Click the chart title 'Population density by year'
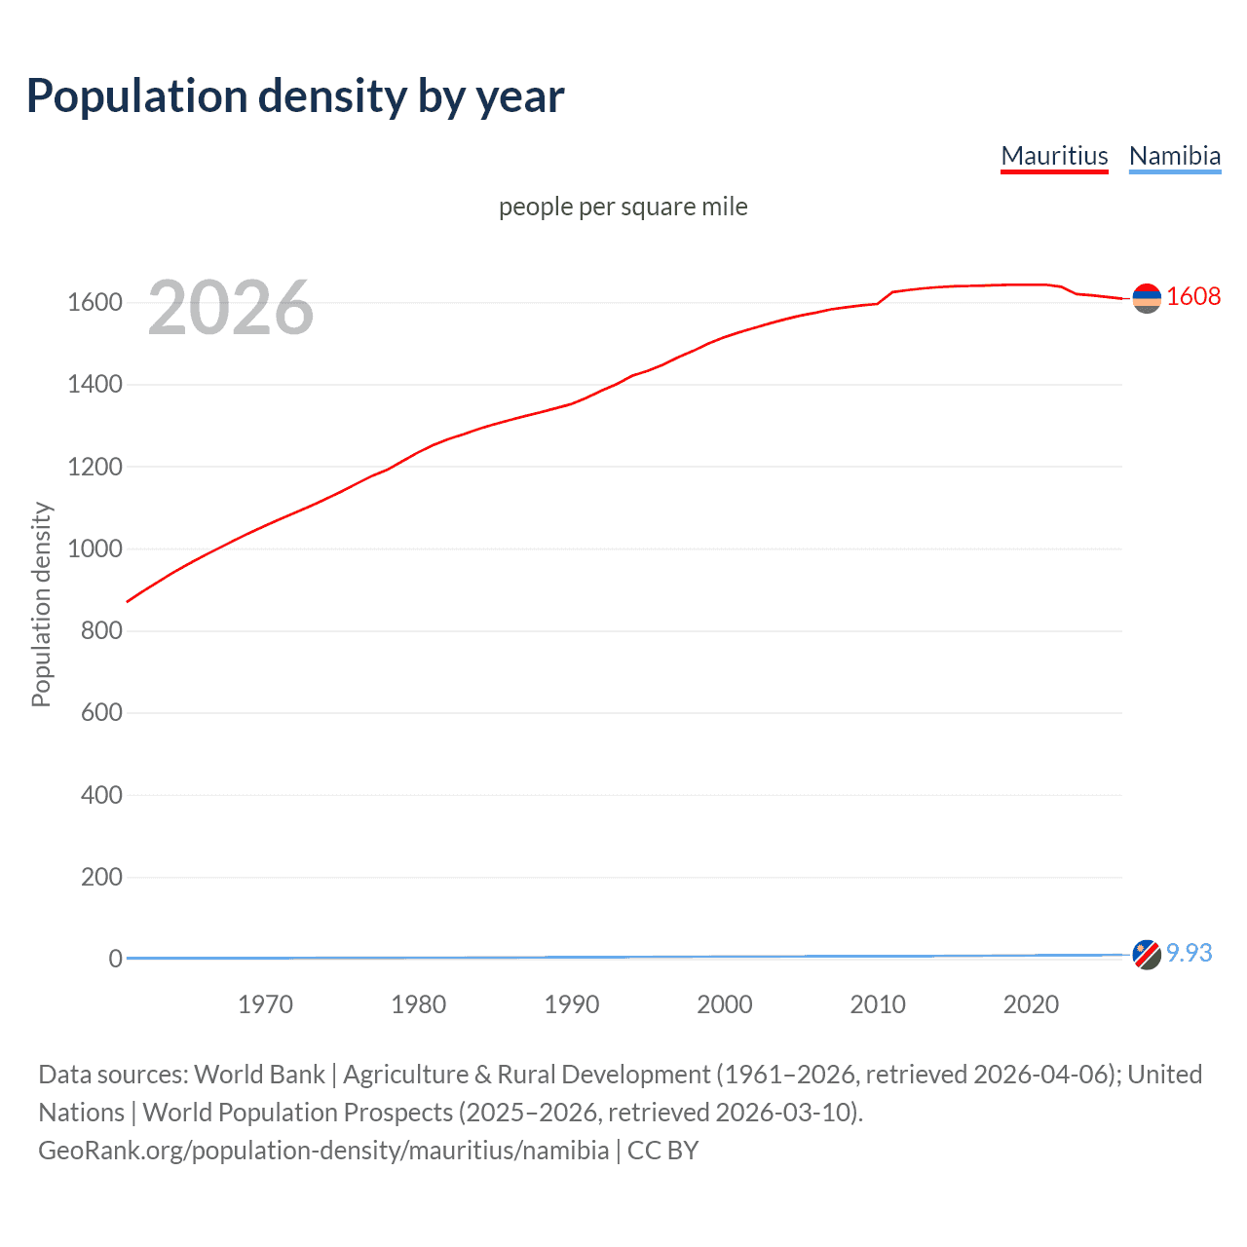point(294,96)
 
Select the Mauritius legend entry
point(1054,156)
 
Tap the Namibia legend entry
point(1174,156)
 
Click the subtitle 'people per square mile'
point(623,207)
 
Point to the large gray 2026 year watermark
point(231,308)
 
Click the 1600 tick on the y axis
point(94,302)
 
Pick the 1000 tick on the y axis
point(94,548)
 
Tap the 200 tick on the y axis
point(101,877)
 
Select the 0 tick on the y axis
point(115,959)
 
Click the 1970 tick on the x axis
point(265,1004)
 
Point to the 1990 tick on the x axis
point(571,1004)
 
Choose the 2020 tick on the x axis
point(1030,1004)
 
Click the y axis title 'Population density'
point(41,604)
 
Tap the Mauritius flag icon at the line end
point(1147,298)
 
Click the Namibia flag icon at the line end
point(1147,955)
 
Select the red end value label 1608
point(1192,297)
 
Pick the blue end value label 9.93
point(1189,953)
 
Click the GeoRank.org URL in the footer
point(323,1151)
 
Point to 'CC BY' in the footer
point(662,1151)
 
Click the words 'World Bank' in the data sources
point(259,1075)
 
